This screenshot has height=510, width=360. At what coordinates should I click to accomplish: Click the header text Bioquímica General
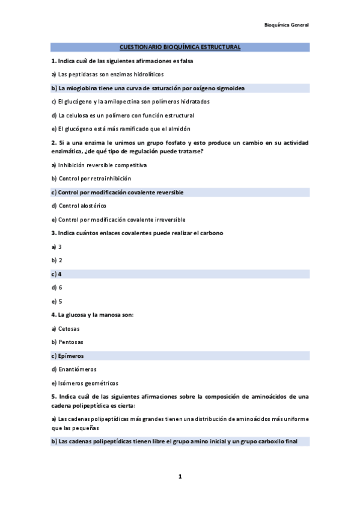coord(286,25)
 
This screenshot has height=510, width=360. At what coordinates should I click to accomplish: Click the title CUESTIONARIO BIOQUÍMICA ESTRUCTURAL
coord(180,47)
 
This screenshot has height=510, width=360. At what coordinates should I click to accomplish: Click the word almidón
coord(178,129)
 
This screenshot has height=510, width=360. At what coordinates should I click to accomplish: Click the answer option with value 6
coord(60,287)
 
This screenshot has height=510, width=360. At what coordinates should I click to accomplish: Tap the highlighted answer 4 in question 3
coord(60,274)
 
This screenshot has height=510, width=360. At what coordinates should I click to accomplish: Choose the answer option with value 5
coord(60,301)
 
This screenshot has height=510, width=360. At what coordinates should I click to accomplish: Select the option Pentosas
coord(70,342)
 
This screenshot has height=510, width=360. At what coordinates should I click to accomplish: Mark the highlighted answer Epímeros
coord(71,356)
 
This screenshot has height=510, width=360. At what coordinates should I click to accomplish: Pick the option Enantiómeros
coord(77,369)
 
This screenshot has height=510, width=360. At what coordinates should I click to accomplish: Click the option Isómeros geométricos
coord(88,383)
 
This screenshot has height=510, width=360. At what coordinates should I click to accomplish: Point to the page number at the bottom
coord(180,477)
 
